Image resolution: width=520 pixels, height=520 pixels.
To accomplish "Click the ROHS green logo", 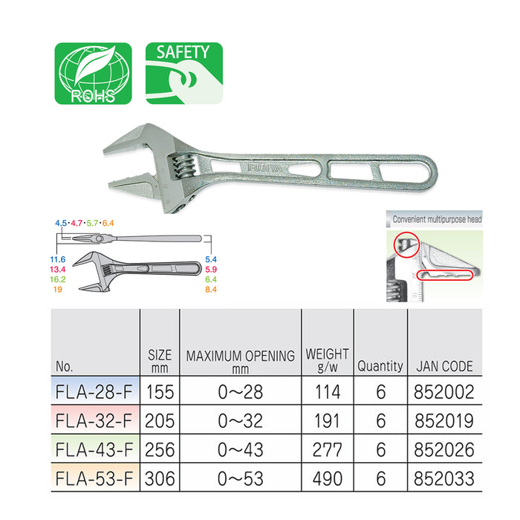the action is (93, 74).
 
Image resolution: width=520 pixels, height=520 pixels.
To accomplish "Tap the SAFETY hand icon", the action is (184, 74).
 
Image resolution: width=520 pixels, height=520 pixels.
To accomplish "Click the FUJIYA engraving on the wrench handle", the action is (265, 169).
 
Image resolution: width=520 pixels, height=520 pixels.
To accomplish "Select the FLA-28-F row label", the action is (94, 391).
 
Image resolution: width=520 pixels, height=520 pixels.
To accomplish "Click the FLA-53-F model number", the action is (94, 478).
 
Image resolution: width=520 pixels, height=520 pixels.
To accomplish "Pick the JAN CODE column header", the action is (444, 366).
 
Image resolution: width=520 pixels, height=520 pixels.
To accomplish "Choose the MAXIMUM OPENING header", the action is (241, 356).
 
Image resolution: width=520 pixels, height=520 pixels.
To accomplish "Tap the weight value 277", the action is (328, 449).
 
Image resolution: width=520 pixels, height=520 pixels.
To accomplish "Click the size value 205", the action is (160, 421).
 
